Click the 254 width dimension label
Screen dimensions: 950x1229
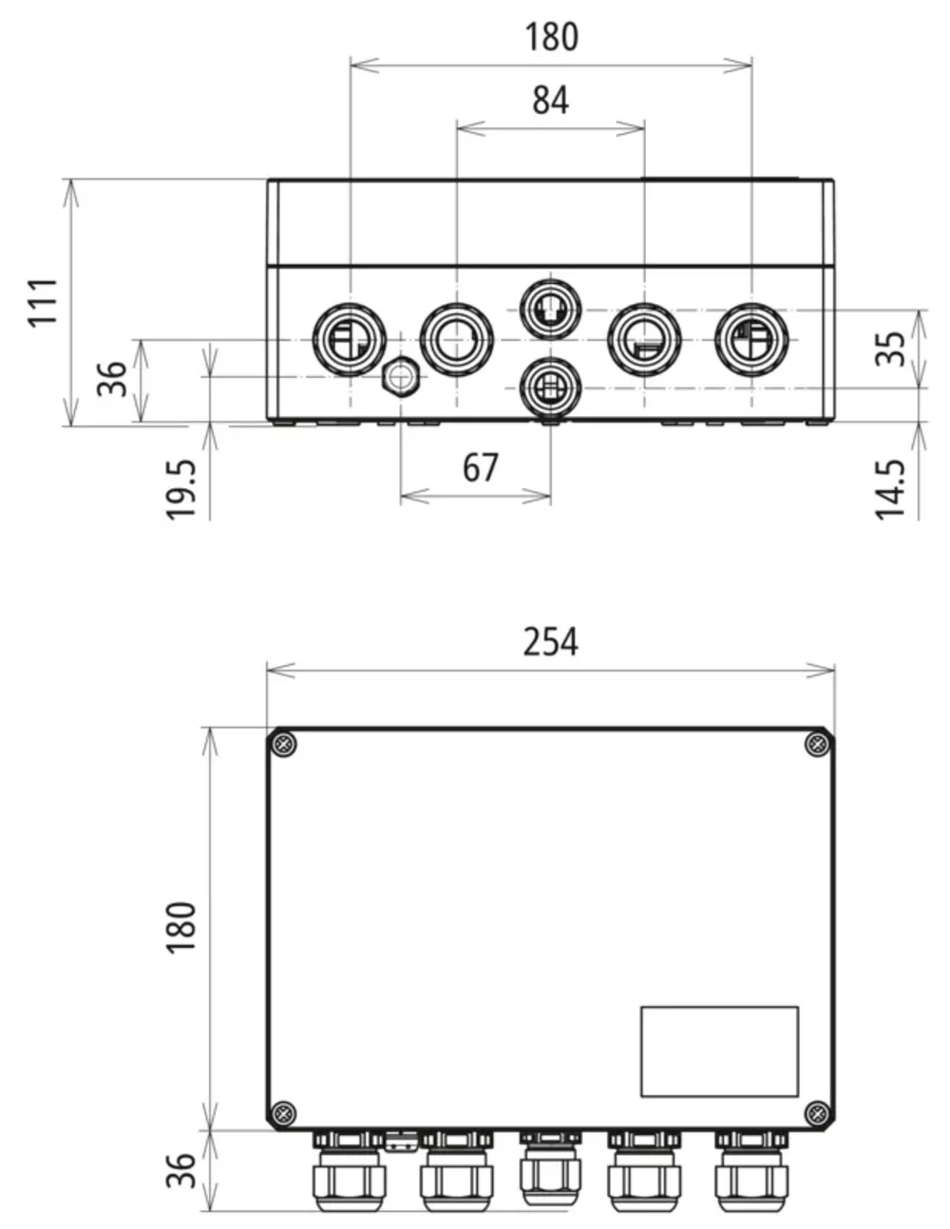point(550,642)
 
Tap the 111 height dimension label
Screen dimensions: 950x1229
point(44,302)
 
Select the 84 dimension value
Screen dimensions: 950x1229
point(550,101)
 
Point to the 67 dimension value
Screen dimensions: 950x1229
point(481,467)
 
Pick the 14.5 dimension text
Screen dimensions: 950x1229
point(890,489)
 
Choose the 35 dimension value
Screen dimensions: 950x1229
point(890,349)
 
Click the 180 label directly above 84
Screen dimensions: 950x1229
point(551,37)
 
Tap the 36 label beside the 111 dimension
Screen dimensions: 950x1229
point(111,379)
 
